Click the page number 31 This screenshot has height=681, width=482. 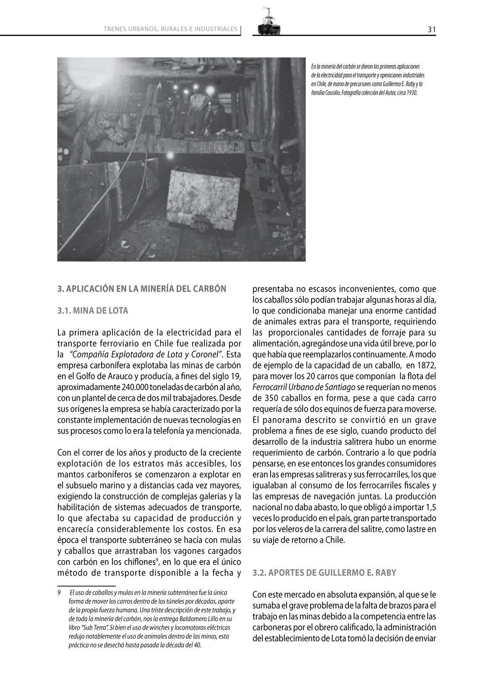click(x=431, y=29)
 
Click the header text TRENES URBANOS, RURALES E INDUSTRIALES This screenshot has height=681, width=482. click(x=171, y=29)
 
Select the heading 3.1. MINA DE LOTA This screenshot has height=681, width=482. click(x=93, y=311)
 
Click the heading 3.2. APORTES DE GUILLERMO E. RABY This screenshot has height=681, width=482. click(x=324, y=573)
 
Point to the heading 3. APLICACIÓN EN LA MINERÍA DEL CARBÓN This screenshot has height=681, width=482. click(x=142, y=289)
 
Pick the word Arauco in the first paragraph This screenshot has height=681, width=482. click(x=110, y=377)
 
